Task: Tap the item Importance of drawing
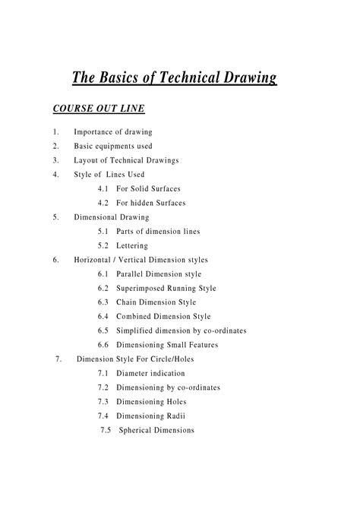click(x=113, y=131)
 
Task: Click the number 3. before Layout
click(x=56, y=160)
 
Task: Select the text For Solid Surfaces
click(x=149, y=188)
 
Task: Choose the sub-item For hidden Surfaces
click(x=151, y=203)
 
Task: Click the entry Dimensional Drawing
click(x=112, y=217)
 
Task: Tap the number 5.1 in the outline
click(x=103, y=231)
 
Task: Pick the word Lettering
click(x=132, y=245)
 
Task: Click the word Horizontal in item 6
click(x=96, y=259)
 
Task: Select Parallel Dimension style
click(x=159, y=273)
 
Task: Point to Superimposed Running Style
click(x=166, y=288)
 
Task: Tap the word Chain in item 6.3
click(x=128, y=302)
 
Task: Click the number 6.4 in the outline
click(x=103, y=316)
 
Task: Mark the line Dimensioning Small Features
click(x=167, y=345)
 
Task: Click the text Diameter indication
click(x=150, y=373)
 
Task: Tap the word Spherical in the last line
click(x=137, y=430)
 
